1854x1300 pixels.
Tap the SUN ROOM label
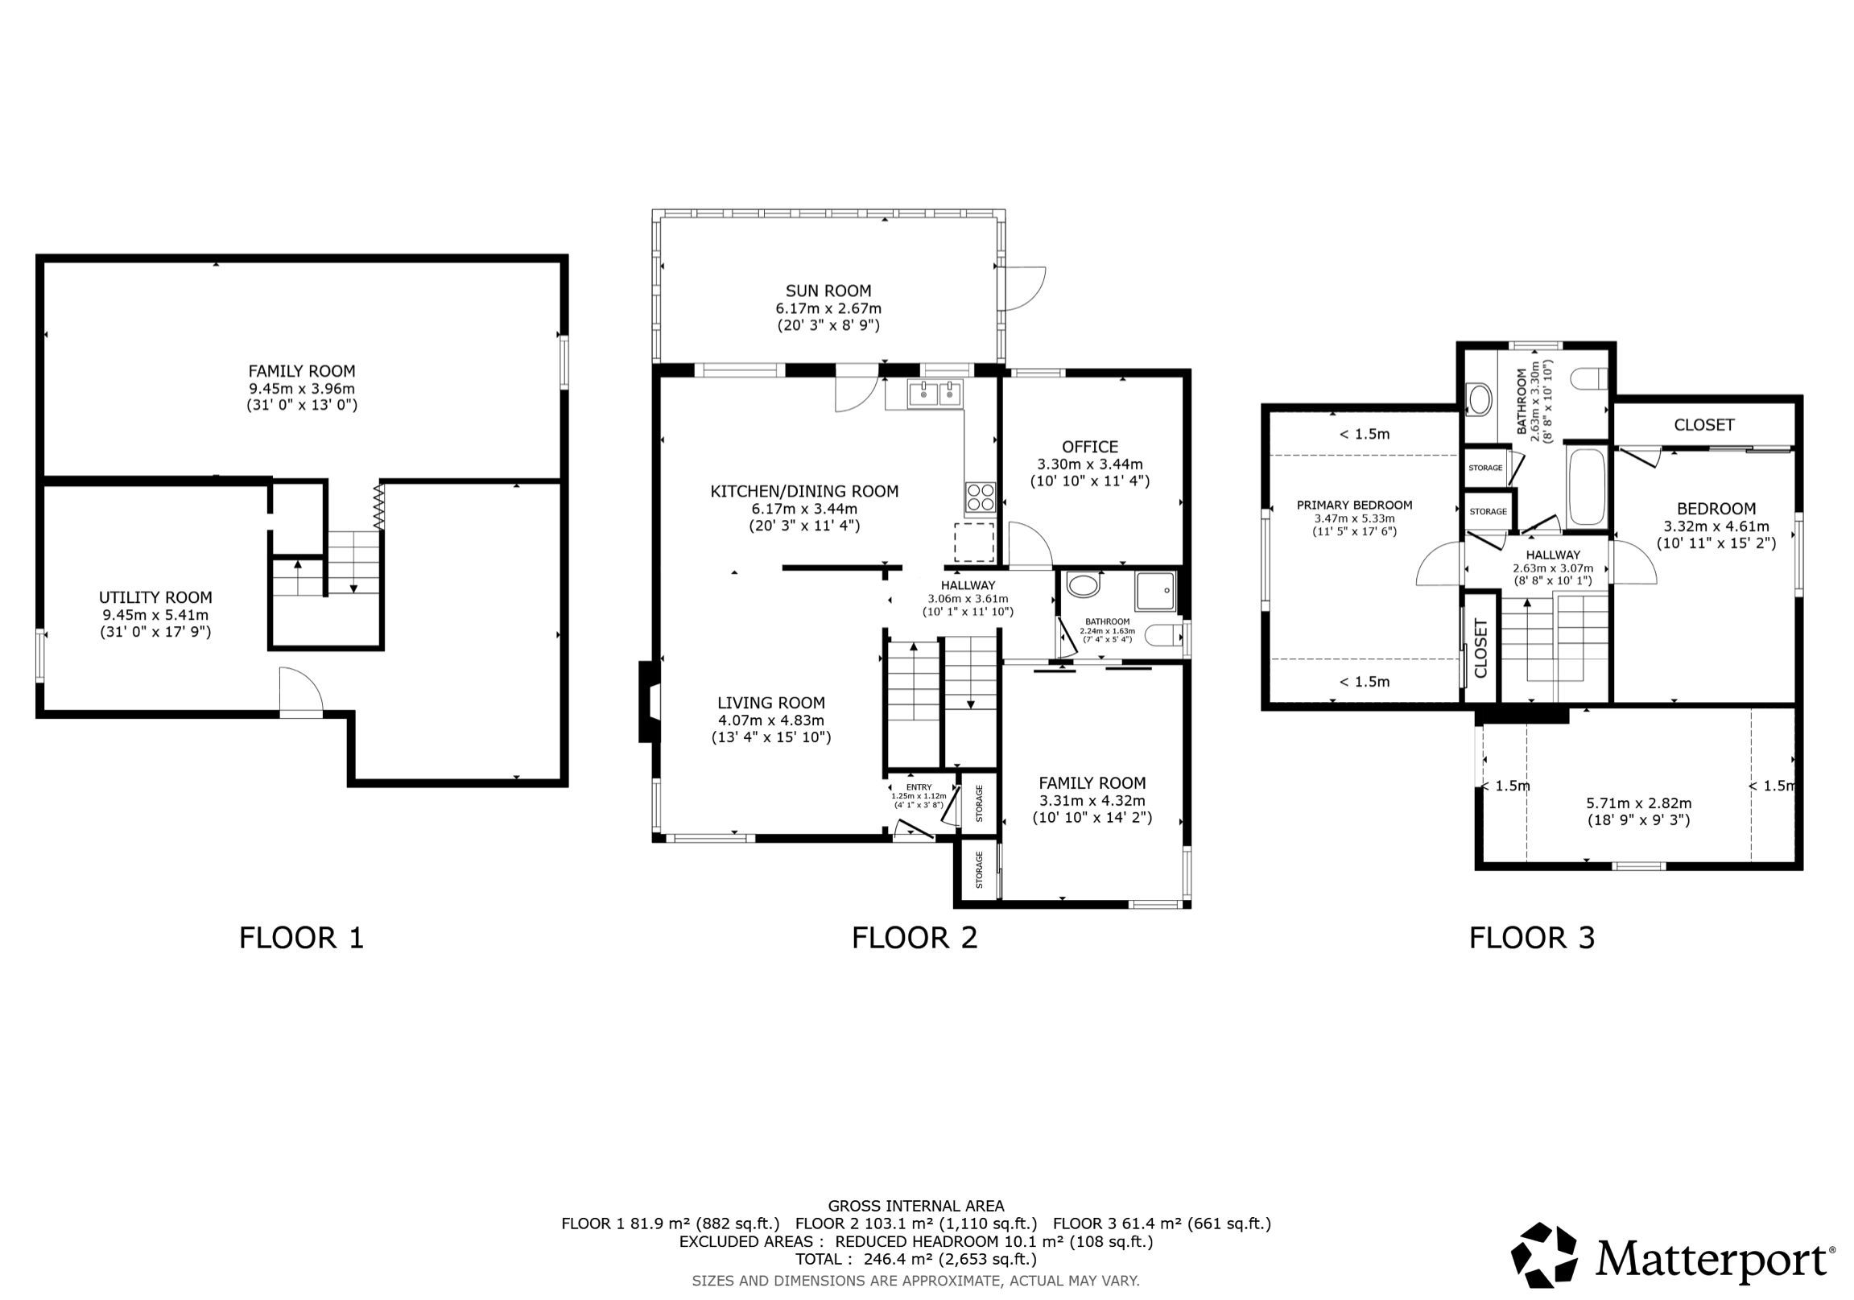point(828,291)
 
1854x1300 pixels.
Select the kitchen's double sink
point(935,394)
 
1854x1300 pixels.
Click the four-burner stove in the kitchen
point(981,496)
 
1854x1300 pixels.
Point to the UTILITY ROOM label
point(156,597)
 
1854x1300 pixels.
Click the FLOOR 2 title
point(914,938)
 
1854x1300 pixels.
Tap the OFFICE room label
point(1090,447)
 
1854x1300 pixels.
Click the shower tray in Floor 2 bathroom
point(1156,591)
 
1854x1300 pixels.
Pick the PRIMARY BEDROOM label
point(1354,506)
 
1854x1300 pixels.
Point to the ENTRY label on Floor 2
point(919,787)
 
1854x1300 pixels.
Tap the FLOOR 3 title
point(1532,938)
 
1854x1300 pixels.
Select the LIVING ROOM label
point(771,703)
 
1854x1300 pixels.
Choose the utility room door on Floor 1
point(301,691)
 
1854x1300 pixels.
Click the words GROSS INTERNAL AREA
point(915,1207)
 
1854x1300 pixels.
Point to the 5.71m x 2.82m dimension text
point(1638,803)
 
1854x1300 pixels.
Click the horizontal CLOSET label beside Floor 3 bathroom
point(1703,425)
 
